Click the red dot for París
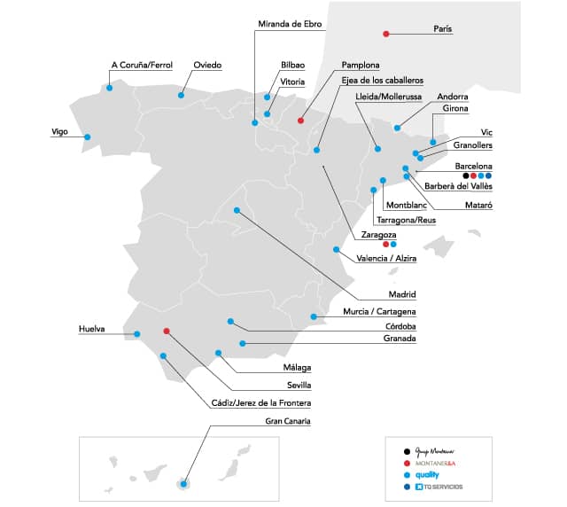tap(386, 34)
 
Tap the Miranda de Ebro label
tap(290, 24)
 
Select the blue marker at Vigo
tap(88, 137)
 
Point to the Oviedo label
tap(207, 65)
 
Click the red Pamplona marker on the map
tap(300, 121)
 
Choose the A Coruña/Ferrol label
tap(142, 65)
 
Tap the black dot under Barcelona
tap(466, 175)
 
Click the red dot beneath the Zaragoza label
tap(386, 245)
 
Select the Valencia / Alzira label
tap(386, 259)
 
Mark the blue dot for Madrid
tap(237, 210)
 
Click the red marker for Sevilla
tap(167, 331)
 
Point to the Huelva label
tap(92, 329)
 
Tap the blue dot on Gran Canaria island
tap(183, 484)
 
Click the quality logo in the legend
tap(427, 475)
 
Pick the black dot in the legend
tap(407, 451)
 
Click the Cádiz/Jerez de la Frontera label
tap(261, 403)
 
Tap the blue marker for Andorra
tap(398, 128)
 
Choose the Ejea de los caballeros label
tap(383, 81)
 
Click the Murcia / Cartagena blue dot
tap(314, 316)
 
